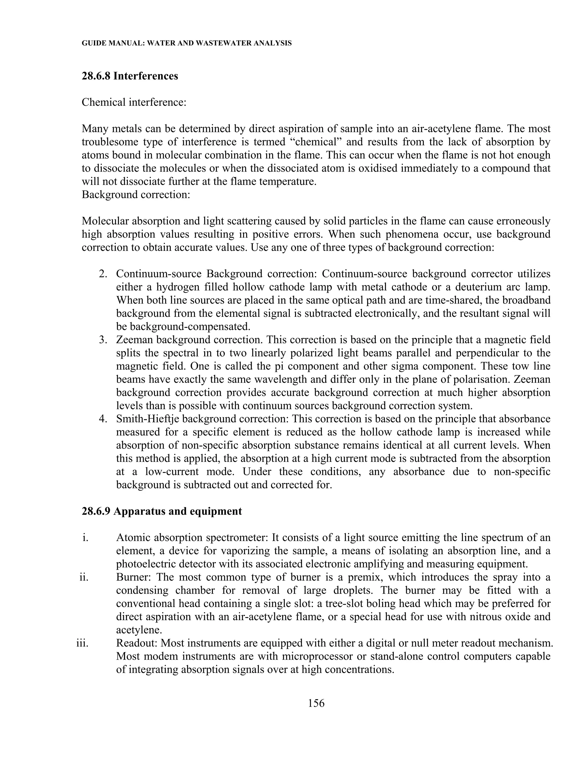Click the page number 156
point(316,703)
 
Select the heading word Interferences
point(146,76)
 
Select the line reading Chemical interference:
point(134,102)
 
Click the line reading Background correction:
point(136,195)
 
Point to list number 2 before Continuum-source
point(103,274)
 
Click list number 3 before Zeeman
point(103,340)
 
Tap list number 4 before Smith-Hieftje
point(103,419)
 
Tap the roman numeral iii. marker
point(82,643)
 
